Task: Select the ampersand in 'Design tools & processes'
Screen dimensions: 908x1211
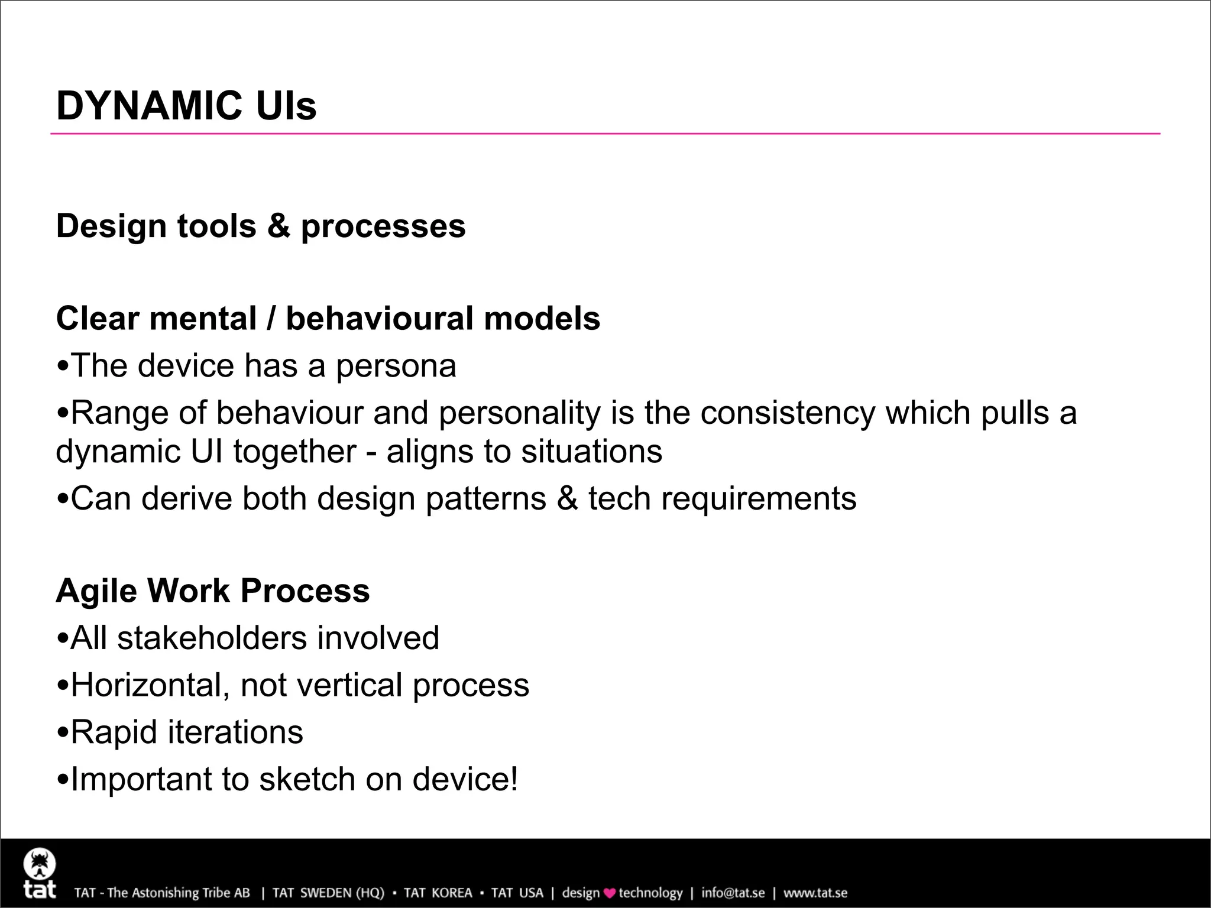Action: click(x=278, y=226)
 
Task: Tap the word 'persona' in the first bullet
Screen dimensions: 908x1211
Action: click(x=396, y=366)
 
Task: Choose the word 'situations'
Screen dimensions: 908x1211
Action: click(x=592, y=452)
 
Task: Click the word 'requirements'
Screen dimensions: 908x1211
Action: click(x=759, y=498)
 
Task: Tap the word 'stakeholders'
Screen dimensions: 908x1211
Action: click(x=212, y=638)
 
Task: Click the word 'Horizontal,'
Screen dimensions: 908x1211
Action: click(x=150, y=685)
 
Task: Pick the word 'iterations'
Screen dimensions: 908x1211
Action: click(x=235, y=732)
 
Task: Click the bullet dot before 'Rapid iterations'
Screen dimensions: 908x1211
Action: click(x=63, y=734)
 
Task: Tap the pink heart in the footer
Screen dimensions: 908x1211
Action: click(x=609, y=893)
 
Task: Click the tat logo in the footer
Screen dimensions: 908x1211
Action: click(x=40, y=874)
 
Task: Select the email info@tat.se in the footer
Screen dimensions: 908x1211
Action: click(x=733, y=893)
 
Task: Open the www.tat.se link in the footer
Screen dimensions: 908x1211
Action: click(x=815, y=893)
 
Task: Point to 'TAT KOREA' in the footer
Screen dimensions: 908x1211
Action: click(x=438, y=893)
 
